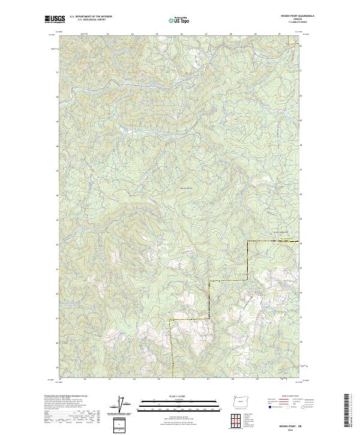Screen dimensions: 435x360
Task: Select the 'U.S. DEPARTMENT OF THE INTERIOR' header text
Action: pos(91,17)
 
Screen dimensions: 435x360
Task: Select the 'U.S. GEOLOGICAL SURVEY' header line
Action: pos(87,20)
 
